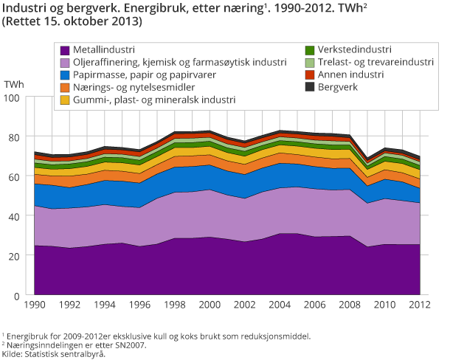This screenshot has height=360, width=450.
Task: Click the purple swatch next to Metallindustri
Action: pyautogui.click(x=64, y=50)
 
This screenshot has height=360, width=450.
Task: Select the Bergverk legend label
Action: pyautogui.click(x=342, y=87)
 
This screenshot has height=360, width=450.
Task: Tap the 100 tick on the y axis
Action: pyautogui.click(x=18, y=97)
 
